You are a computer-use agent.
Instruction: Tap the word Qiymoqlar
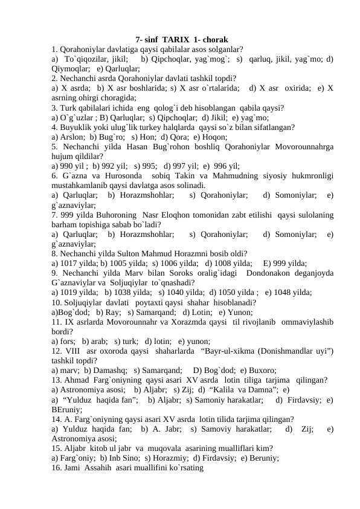click(x=71, y=69)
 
